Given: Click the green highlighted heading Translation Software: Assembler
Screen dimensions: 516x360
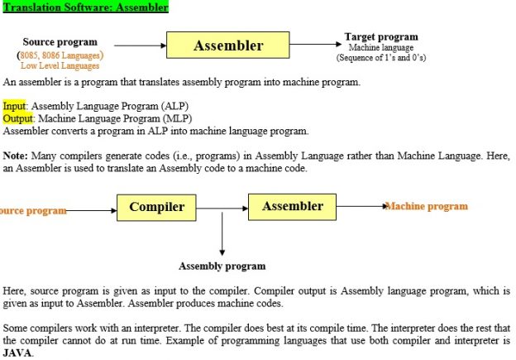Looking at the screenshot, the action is click(x=85, y=7).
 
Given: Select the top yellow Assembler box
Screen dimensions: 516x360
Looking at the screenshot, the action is click(x=228, y=46).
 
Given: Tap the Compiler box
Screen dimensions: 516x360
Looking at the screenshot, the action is click(x=156, y=208).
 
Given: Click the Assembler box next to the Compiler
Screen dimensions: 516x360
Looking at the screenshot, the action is click(x=292, y=207).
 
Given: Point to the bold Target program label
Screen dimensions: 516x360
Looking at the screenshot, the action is click(x=381, y=36).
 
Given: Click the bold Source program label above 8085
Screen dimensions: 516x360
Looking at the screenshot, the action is click(x=60, y=42).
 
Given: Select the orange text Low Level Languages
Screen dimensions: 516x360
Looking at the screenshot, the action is click(x=60, y=65).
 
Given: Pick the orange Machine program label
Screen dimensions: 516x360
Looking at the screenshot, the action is click(x=427, y=206).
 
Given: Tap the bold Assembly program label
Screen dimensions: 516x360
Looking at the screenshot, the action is click(x=222, y=266).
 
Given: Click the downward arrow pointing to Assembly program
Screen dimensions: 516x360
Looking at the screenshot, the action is click(x=222, y=234).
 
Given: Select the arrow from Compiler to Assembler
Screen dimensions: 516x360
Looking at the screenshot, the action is click(x=222, y=209).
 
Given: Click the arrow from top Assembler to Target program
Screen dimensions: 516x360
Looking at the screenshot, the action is click(x=316, y=44).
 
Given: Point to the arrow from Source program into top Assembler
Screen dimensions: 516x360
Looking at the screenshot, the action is click(x=141, y=46).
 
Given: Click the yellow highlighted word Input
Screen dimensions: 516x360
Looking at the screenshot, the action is click(x=14, y=106).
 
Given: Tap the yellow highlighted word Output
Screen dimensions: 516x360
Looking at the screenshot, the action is click(x=18, y=118).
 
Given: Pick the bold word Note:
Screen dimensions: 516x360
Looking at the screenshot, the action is click(x=16, y=156).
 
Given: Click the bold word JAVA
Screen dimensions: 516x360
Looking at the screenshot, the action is click(x=17, y=353).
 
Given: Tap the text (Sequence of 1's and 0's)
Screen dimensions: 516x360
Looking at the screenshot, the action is click(x=381, y=58).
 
